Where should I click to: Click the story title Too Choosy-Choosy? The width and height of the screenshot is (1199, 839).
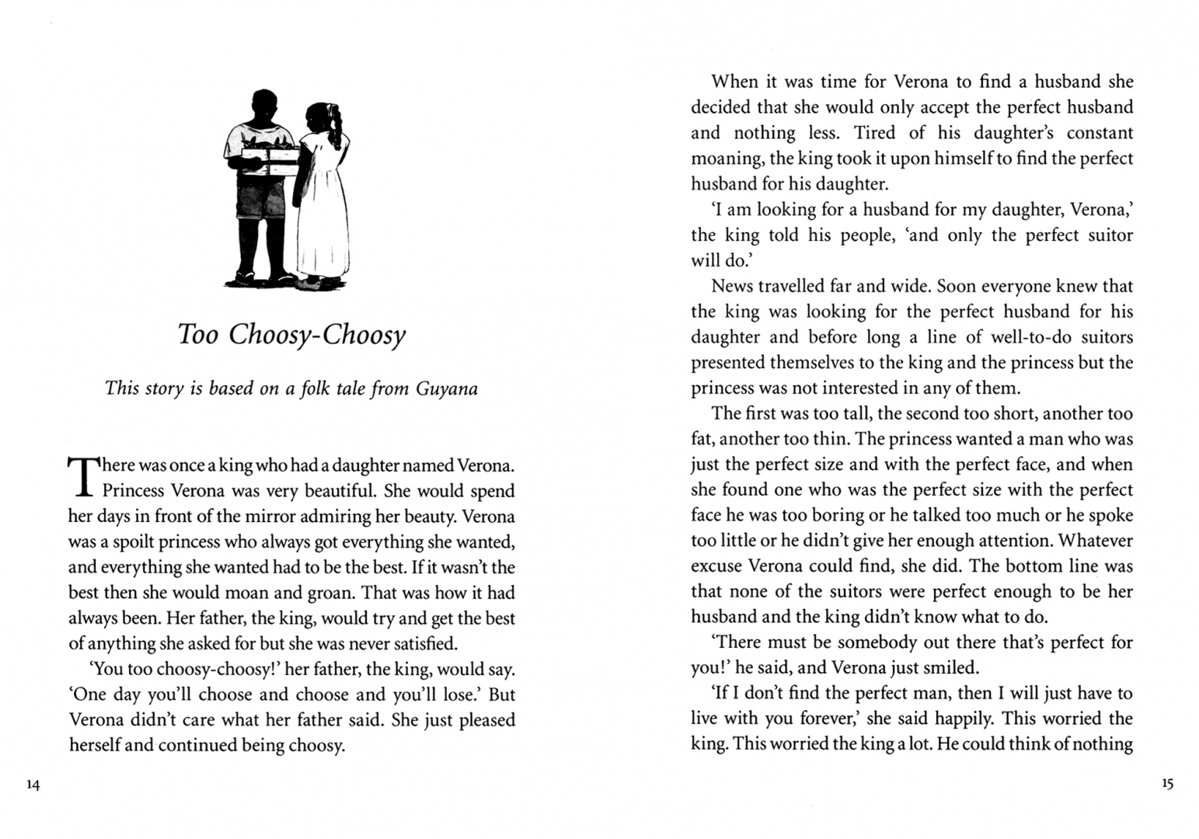click(292, 335)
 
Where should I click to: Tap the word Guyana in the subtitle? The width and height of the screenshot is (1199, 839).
click(447, 388)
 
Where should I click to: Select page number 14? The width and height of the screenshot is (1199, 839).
click(32, 785)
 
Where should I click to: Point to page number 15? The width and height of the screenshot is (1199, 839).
click(1167, 784)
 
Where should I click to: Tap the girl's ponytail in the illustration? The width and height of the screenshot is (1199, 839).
click(336, 124)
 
